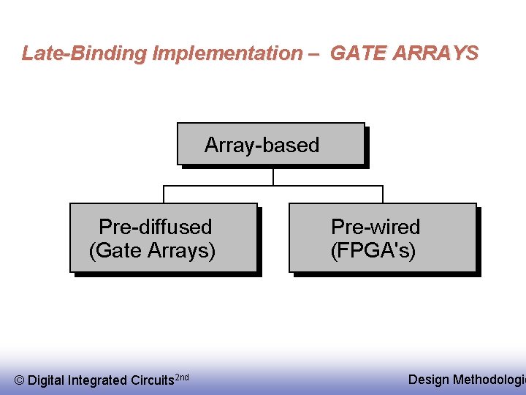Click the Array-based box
pos(270,143)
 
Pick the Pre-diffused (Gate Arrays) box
pos(163,238)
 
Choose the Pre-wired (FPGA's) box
pos(383,238)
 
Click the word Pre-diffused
pos(155,227)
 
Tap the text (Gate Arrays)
pos(152,251)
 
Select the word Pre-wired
pos(376,227)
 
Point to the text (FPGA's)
pos(373,251)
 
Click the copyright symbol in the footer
pos(19,380)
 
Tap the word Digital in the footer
pos(46,380)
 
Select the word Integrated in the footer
pos(97,380)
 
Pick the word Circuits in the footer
pos(153,380)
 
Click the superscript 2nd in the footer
pos(183,377)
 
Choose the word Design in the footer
pos(429,379)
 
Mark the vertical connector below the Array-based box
pos(272,176)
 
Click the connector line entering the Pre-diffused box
pos(164,195)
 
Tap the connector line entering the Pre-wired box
pos(383,195)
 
